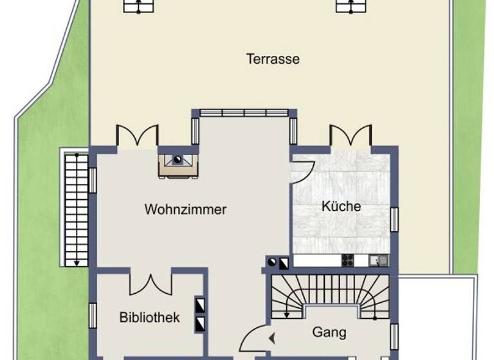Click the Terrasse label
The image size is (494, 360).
(273, 59)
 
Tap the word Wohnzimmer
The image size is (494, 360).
(185, 210)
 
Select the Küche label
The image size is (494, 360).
(341, 207)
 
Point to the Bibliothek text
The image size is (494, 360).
(149, 318)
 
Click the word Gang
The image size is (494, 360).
(329, 332)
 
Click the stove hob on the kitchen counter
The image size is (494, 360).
(347, 260)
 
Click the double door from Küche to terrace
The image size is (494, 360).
(351, 135)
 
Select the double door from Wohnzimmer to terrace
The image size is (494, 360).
(137, 135)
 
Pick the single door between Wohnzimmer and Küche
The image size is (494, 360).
(302, 172)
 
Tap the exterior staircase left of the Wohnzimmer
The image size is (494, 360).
(76, 209)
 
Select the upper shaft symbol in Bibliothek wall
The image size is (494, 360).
(200, 303)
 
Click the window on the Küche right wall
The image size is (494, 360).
(395, 221)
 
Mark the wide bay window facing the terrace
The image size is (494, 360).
(244, 113)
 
